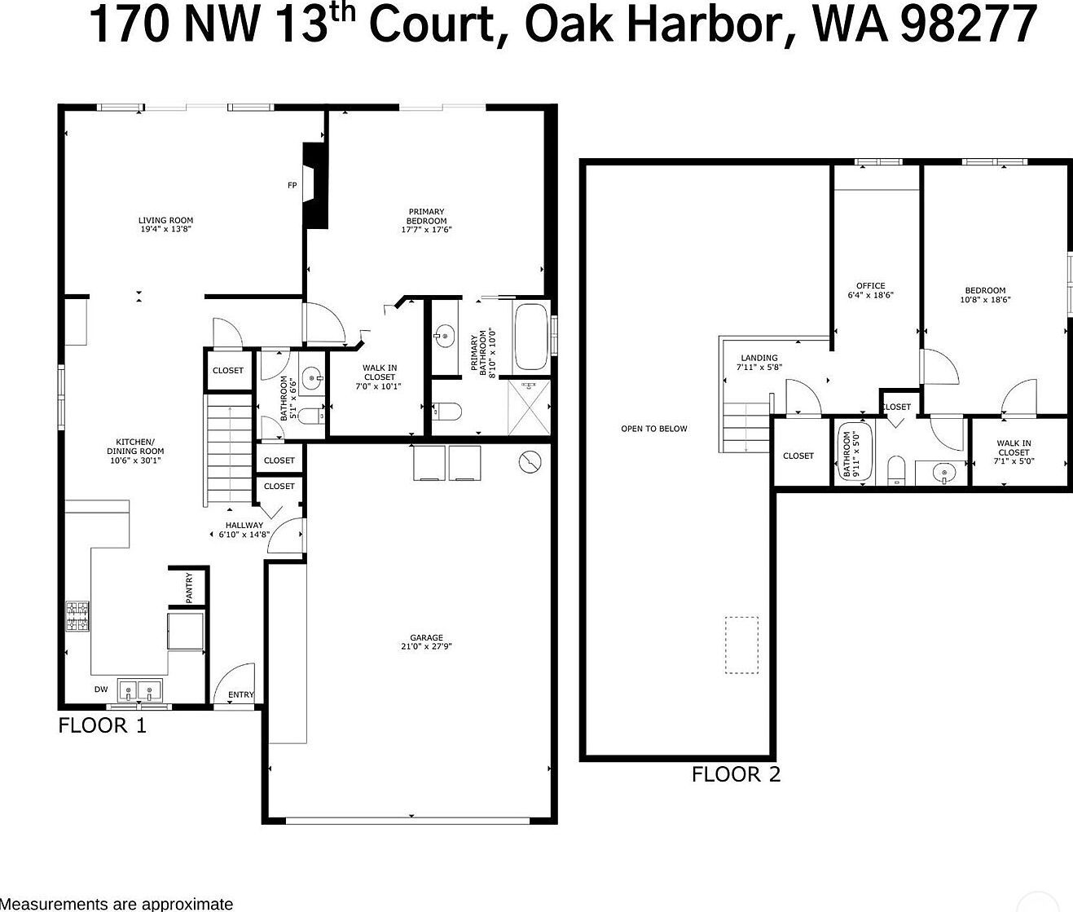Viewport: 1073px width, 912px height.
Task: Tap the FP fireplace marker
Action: click(292, 186)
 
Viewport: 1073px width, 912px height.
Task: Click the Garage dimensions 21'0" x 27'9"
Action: click(426, 647)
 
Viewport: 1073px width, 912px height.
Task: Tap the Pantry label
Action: click(189, 588)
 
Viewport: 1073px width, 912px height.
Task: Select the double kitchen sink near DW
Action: click(140, 691)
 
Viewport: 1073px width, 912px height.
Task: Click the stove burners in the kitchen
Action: click(77, 616)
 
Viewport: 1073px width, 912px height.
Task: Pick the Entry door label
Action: click(240, 695)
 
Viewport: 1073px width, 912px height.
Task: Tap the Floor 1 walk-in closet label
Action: click(380, 377)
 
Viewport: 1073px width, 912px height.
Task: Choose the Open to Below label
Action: click(653, 429)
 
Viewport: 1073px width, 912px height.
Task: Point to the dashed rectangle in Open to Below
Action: click(741, 645)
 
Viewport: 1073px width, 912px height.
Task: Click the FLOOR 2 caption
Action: click(736, 774)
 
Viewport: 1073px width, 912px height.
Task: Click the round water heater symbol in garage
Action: click(530, 463)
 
